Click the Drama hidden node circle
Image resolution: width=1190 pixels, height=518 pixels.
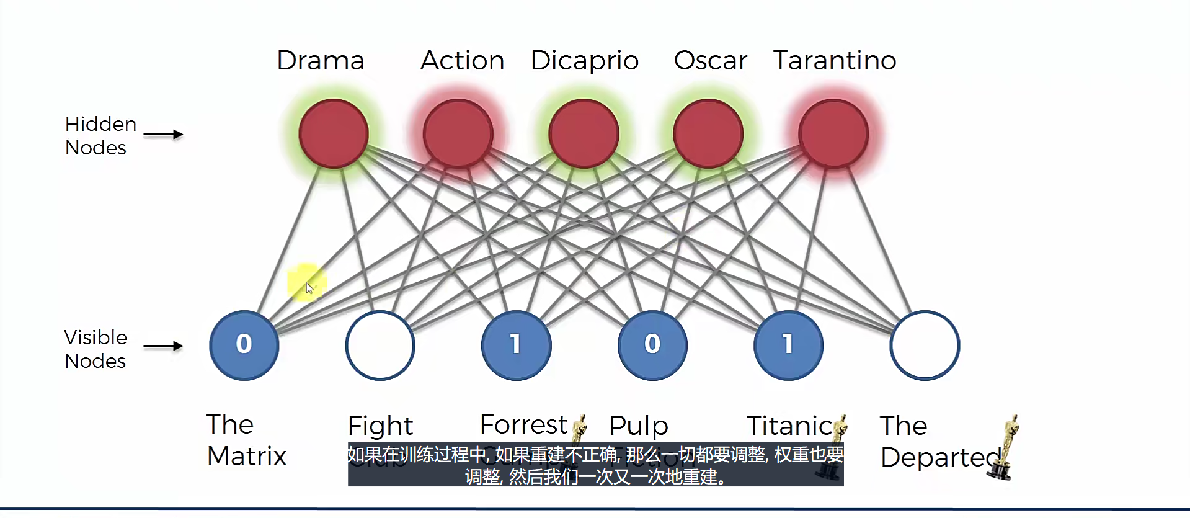[334, 133]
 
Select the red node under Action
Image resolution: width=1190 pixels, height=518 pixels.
[458, 133]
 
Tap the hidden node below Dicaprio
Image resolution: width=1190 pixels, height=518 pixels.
[584, 133]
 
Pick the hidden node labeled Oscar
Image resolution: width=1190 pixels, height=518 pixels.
[708, 133]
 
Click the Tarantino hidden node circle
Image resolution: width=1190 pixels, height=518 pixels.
[833, 133]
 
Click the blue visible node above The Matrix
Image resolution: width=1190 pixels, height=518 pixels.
[244, 345]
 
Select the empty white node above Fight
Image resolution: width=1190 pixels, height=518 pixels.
[380, 345]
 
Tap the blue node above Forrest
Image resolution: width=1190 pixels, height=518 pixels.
[516, 345]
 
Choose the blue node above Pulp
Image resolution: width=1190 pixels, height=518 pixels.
[652, 345]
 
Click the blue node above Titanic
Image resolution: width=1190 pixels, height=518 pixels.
[788, 345]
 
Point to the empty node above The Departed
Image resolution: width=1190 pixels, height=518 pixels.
[925, 345]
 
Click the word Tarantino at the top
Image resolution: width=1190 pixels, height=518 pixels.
[834, 61]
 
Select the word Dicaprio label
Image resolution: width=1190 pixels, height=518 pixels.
[584, 61]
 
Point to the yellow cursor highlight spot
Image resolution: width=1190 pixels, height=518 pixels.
[306, 283]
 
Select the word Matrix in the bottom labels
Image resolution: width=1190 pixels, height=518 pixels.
[246, 457]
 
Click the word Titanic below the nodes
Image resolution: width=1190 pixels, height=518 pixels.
[789, 426]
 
